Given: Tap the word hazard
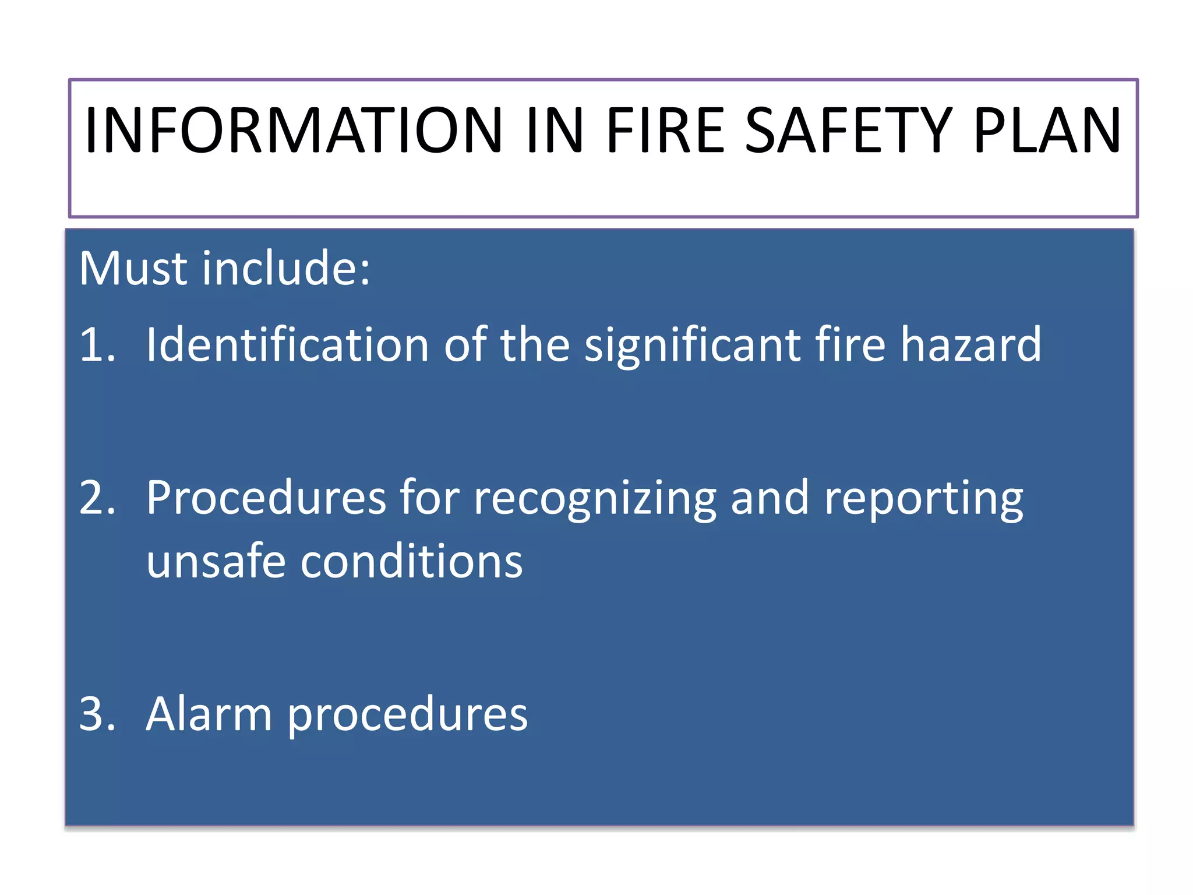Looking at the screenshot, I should tap(970, 344).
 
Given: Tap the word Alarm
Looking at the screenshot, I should tap(209, 714).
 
